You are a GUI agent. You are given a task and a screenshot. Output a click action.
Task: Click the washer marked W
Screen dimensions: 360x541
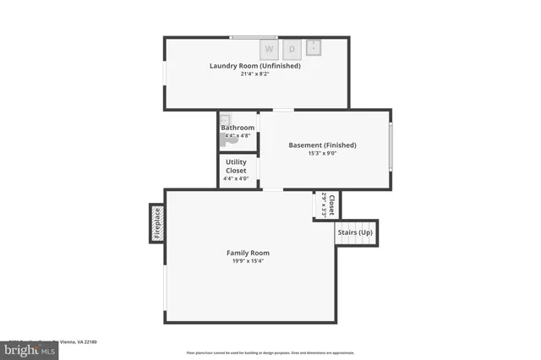(269, 49)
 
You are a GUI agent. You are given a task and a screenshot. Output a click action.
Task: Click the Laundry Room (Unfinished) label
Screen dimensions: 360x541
(254, 66)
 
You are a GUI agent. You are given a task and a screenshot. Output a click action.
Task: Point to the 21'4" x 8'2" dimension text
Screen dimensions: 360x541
(254, 74)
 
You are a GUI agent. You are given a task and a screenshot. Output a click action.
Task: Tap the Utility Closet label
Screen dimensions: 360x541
(236, 166)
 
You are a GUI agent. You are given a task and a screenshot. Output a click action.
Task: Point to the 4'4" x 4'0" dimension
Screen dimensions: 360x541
(236, 178)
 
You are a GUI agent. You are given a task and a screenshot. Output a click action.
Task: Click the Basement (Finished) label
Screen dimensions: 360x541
(322, 145)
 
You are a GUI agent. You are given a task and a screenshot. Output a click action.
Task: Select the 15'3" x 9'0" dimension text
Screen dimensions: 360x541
(322, 154)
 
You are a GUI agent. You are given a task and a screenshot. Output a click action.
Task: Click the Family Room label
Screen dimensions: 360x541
(248, 253)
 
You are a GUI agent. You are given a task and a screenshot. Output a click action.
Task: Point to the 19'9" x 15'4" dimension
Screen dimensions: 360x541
(248, 261)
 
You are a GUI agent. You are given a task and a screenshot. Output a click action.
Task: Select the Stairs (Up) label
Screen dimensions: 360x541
(355, 232)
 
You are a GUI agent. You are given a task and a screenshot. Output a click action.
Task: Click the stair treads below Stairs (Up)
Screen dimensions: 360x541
(355, 243)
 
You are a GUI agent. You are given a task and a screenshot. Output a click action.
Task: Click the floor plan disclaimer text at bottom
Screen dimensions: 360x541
(270, 352)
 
